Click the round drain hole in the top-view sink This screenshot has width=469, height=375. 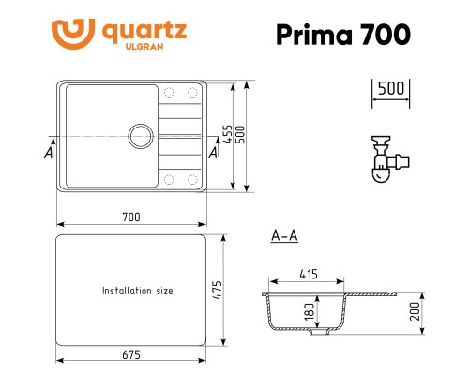point(140,134)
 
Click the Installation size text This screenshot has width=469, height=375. point(137,291)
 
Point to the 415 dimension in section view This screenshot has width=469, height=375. point(307,275)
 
